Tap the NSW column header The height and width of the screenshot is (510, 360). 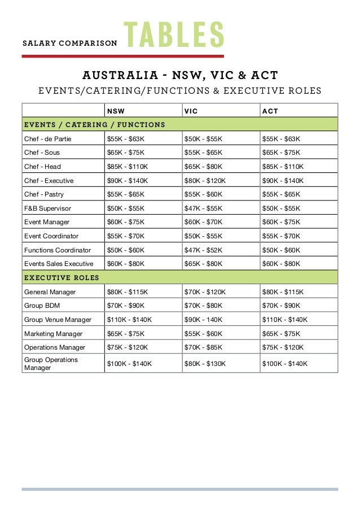pyautogui.click(x=116, y=111)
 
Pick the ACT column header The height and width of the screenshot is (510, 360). pyautogui.click(x=270, y=111)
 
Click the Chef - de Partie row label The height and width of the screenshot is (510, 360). pyautogui.click(x=47, y=139)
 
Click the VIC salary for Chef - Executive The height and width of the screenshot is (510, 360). pyautogui.click(x=205, y=181)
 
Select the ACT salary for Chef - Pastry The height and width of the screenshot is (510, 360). pyautogui.click(x=281, y=194)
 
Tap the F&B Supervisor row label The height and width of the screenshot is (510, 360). pyautogui.click(x=47, y=208)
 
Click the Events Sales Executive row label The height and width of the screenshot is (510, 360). pyautogui.click(x=59, y=264)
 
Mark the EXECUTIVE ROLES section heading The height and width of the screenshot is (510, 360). pyautogui.click(x=62, y=277)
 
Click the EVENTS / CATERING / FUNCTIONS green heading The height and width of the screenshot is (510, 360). pyautogui.click(x=94, y=125)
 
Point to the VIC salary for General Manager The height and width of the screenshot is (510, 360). pyautogui.click(x=205, y=292)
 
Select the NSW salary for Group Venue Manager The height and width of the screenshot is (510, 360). pyautogui.click(x=129, y=320)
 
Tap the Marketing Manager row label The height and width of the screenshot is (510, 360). pyautogui.click(x=53, y=334)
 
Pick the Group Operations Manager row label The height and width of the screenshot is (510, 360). pyautogui.click(x=51, y=364)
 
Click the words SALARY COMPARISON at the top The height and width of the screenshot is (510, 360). pyautogui.click(x=69, y=43)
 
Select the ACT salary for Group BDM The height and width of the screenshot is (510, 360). pyautogui.click(x=281, y=306)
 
